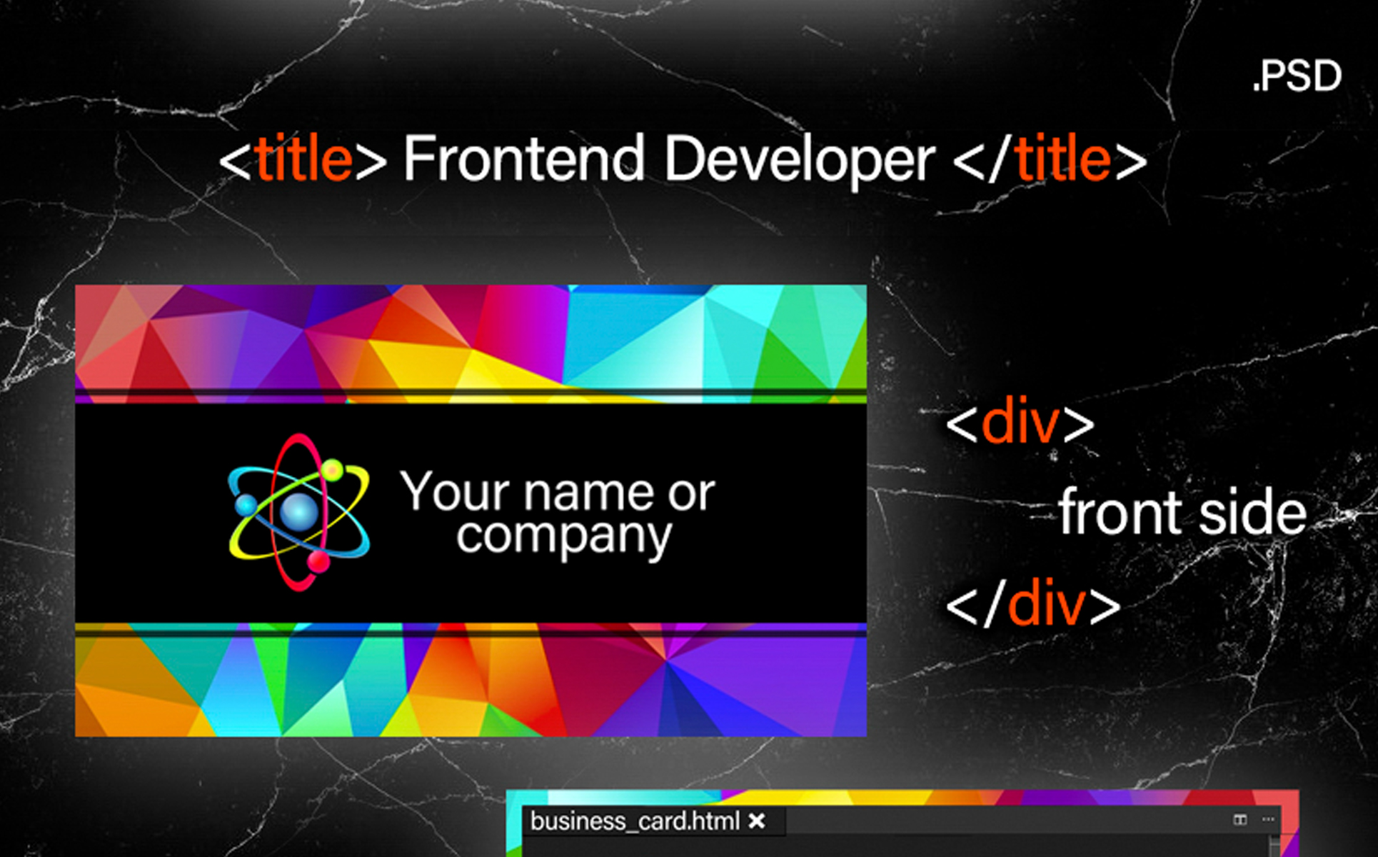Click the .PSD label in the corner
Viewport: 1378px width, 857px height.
click(1297, 76)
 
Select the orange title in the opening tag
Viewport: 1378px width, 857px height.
click(303, 158)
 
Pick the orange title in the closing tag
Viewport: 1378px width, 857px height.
click(1063, 158)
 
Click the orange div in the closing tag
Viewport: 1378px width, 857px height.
click(1046, 604)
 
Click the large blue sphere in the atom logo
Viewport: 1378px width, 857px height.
click(298, 511)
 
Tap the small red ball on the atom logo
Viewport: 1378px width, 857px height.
click(318, 562)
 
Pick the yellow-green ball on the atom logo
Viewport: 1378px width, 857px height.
click(332, 469)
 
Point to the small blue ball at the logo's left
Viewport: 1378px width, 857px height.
click(246, 504)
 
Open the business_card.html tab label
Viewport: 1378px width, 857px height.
click(635, 821)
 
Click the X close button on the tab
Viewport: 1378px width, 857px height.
click(757, 821)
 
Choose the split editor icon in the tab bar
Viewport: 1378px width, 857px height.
click(1240, 819)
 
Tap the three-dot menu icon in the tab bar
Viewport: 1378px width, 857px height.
click(1268, 819)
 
